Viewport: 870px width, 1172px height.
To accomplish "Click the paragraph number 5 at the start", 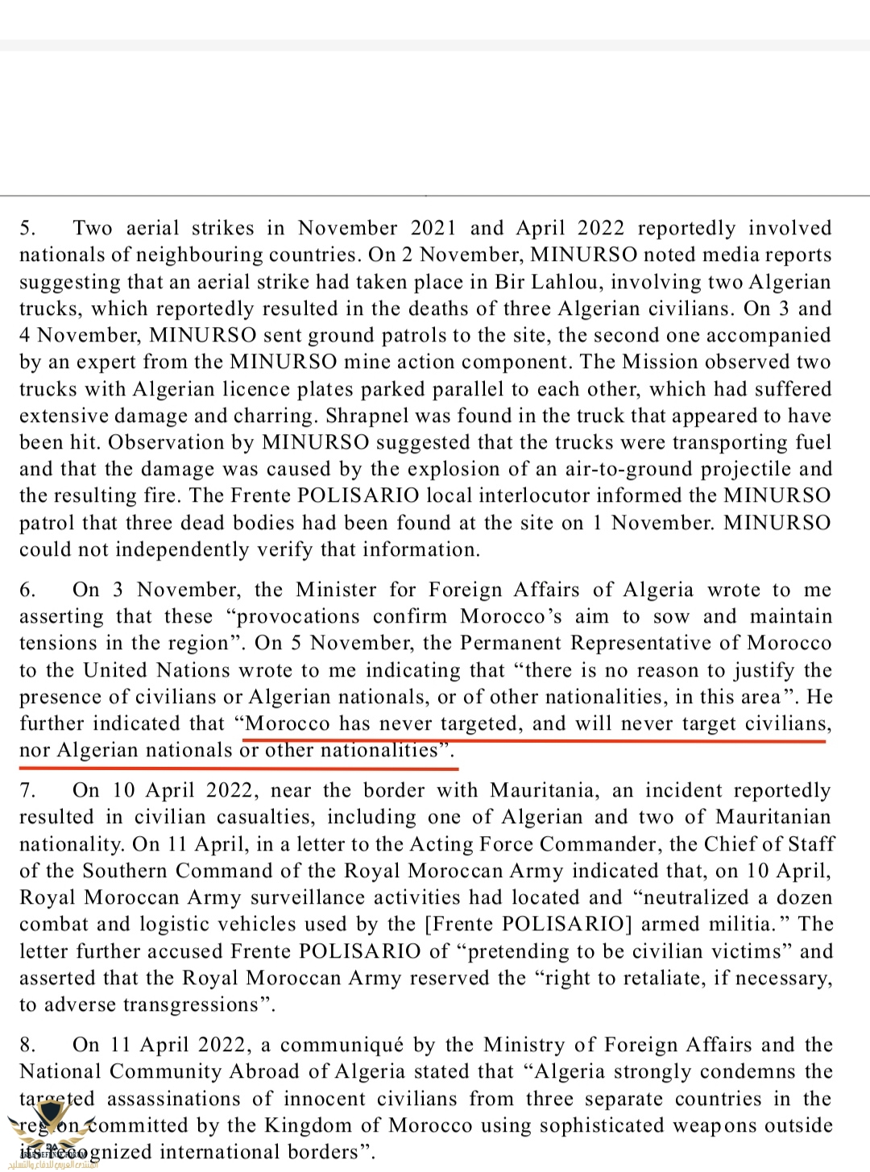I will pyautogui.click(x=27, y=229).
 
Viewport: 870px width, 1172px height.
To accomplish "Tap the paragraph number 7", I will pyautogui.click(x=27, y=791).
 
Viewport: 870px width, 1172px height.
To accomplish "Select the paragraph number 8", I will pyautogui.click(x=27, y=1046).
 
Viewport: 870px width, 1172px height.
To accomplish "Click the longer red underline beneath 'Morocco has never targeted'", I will pyautogui.click(x=535, y=739).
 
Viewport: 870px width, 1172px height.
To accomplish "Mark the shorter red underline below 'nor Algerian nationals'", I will pyautogui.click(x=238, y=767).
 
